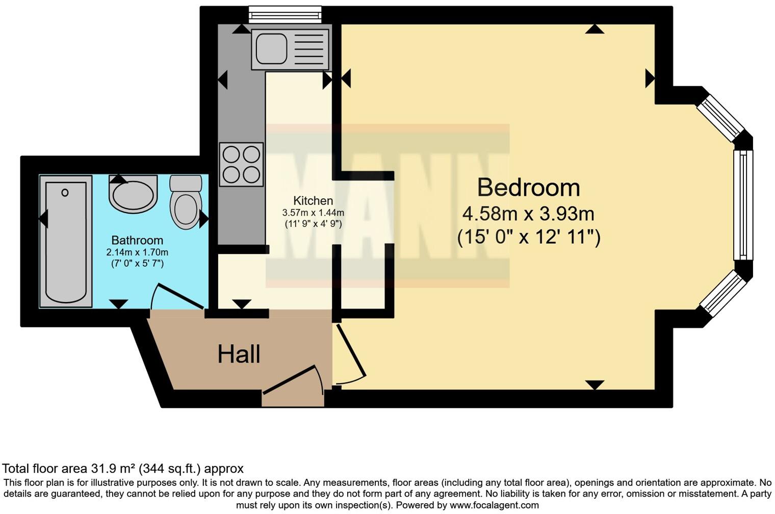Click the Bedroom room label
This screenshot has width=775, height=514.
coord(528,188)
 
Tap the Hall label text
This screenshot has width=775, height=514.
coord(239,354)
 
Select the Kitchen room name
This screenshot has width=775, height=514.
coord(313,201)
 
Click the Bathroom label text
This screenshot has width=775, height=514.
coord(137,240)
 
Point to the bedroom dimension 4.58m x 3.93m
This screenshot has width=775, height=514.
coord(528,213)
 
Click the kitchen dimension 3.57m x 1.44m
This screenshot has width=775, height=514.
coord(313,212)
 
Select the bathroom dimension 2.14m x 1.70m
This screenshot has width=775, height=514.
coord(137,252)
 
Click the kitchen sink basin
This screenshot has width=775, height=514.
coord(272,48)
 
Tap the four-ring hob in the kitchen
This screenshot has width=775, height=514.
coord(241,164)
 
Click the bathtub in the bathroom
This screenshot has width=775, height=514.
coord(65,242)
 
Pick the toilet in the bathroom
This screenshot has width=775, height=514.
coord(185,202)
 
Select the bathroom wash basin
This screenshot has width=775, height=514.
coord(133,195)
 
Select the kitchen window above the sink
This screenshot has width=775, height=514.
coord(285,15)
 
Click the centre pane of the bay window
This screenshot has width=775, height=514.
coord(743,205)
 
